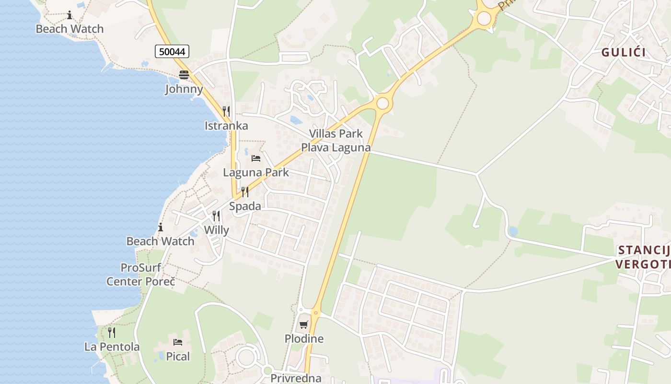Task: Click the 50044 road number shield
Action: (x=172, y=51)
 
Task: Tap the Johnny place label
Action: (x=184, y=89)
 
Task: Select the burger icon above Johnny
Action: (x=184, y=74)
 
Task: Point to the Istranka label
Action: (x=226, y=126)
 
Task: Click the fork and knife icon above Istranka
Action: (x=226, y=111)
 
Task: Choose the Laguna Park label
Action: (x=256, y=172)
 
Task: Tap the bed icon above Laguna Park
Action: (x=256, y=158)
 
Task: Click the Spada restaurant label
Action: (x=245, y=206)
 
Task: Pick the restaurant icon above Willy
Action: (x=216, y=216)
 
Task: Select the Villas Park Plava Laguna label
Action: (x=336, y=141)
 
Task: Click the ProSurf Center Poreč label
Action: (x=141, y=275)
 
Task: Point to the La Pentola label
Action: (x=112, y=347)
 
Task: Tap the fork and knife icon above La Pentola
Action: (x=112, y=332)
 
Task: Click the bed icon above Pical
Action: (x=178, y=342)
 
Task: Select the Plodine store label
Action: (x=304, y=339)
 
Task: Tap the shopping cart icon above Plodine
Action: (x=303, y=325)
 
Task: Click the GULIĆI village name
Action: (x=624, y=53)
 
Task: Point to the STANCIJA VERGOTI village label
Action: (x=644, y=257)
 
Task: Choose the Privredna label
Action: (x=296, y=378)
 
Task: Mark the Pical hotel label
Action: (x=178, y=357)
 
